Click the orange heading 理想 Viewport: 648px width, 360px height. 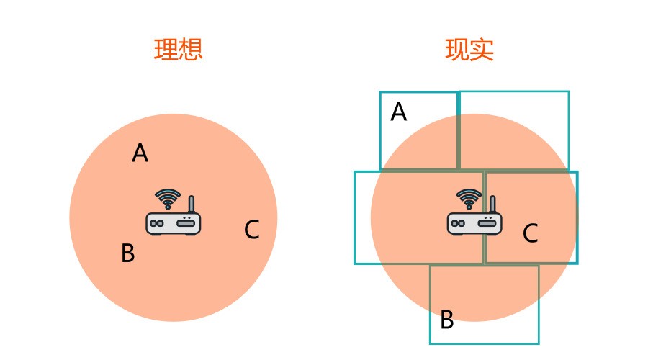coord(178,49)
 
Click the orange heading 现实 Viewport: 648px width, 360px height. coord(469,49)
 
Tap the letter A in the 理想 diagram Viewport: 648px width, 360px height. coord(140,153)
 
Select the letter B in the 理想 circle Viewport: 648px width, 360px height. coord(127,253)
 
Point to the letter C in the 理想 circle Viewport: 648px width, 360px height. coord(251,230)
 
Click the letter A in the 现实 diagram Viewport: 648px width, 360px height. coord(398,112)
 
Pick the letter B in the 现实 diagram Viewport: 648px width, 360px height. coord(446,320)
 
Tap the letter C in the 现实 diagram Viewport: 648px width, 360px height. coord(530,233)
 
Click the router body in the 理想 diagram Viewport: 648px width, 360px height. coord(173,223)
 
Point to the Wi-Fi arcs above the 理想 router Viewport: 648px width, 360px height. coord(168,198)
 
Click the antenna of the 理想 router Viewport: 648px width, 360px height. coord(191,204)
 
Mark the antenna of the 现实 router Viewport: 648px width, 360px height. coord(492,204)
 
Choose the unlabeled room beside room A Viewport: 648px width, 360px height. coord(513,130)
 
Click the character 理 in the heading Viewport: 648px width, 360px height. coord(166,49)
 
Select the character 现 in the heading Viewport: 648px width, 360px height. coord(457,49)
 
